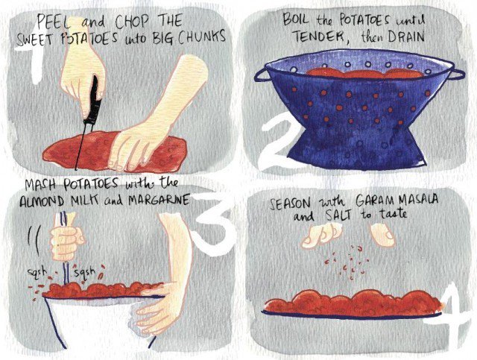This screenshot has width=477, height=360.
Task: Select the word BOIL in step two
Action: point(295,19)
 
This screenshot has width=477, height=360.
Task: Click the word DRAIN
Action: point(405,37)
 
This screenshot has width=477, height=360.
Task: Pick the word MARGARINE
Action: point(159,200)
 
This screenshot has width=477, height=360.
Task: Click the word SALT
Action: point(338,215)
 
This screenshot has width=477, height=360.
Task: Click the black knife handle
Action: point(93,100)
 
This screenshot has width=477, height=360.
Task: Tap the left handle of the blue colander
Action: point(261,75)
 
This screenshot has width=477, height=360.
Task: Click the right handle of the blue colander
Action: point(458,74)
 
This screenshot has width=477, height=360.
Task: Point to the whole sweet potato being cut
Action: point(114,151)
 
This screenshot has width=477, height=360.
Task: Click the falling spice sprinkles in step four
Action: point(347,261)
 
